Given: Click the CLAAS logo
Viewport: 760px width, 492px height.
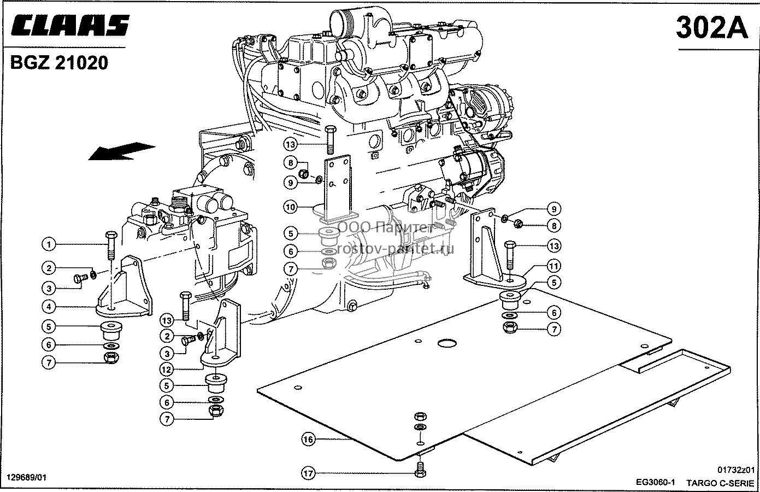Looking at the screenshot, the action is pyautogui.click(x=70, y=26).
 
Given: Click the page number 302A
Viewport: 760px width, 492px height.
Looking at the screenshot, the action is pyautogui.click(x=712, y=28).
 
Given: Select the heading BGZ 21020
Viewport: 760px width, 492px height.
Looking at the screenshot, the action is pyautogui.click(x=59, y=63).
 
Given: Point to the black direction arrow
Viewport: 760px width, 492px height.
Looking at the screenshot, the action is pyautogui.click(x=121, y=151).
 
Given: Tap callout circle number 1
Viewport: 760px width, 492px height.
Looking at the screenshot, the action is pyautogui.click(x=49, y=244).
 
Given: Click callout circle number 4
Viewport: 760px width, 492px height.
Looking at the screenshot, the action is pyautogui.click(x=49, y=307).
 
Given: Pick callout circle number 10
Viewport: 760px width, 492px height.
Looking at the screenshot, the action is pyautogui.click(x=291, y=207).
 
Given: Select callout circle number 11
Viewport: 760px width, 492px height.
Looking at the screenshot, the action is pyautogui.click(x=553, y=266).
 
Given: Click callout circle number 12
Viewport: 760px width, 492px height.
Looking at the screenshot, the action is pyautogui.click(x=167, y=369).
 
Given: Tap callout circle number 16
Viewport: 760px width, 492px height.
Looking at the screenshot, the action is pyautogui.click(x=308, y=440).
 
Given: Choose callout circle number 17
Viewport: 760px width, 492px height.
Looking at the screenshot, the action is pyautogui.click(x=308, y=473).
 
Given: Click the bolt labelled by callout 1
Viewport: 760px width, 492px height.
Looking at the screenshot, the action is pyautogui.click(x=111, y=245).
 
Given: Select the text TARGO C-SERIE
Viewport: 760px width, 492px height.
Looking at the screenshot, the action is pyautogui.click(x=720, y=483).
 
